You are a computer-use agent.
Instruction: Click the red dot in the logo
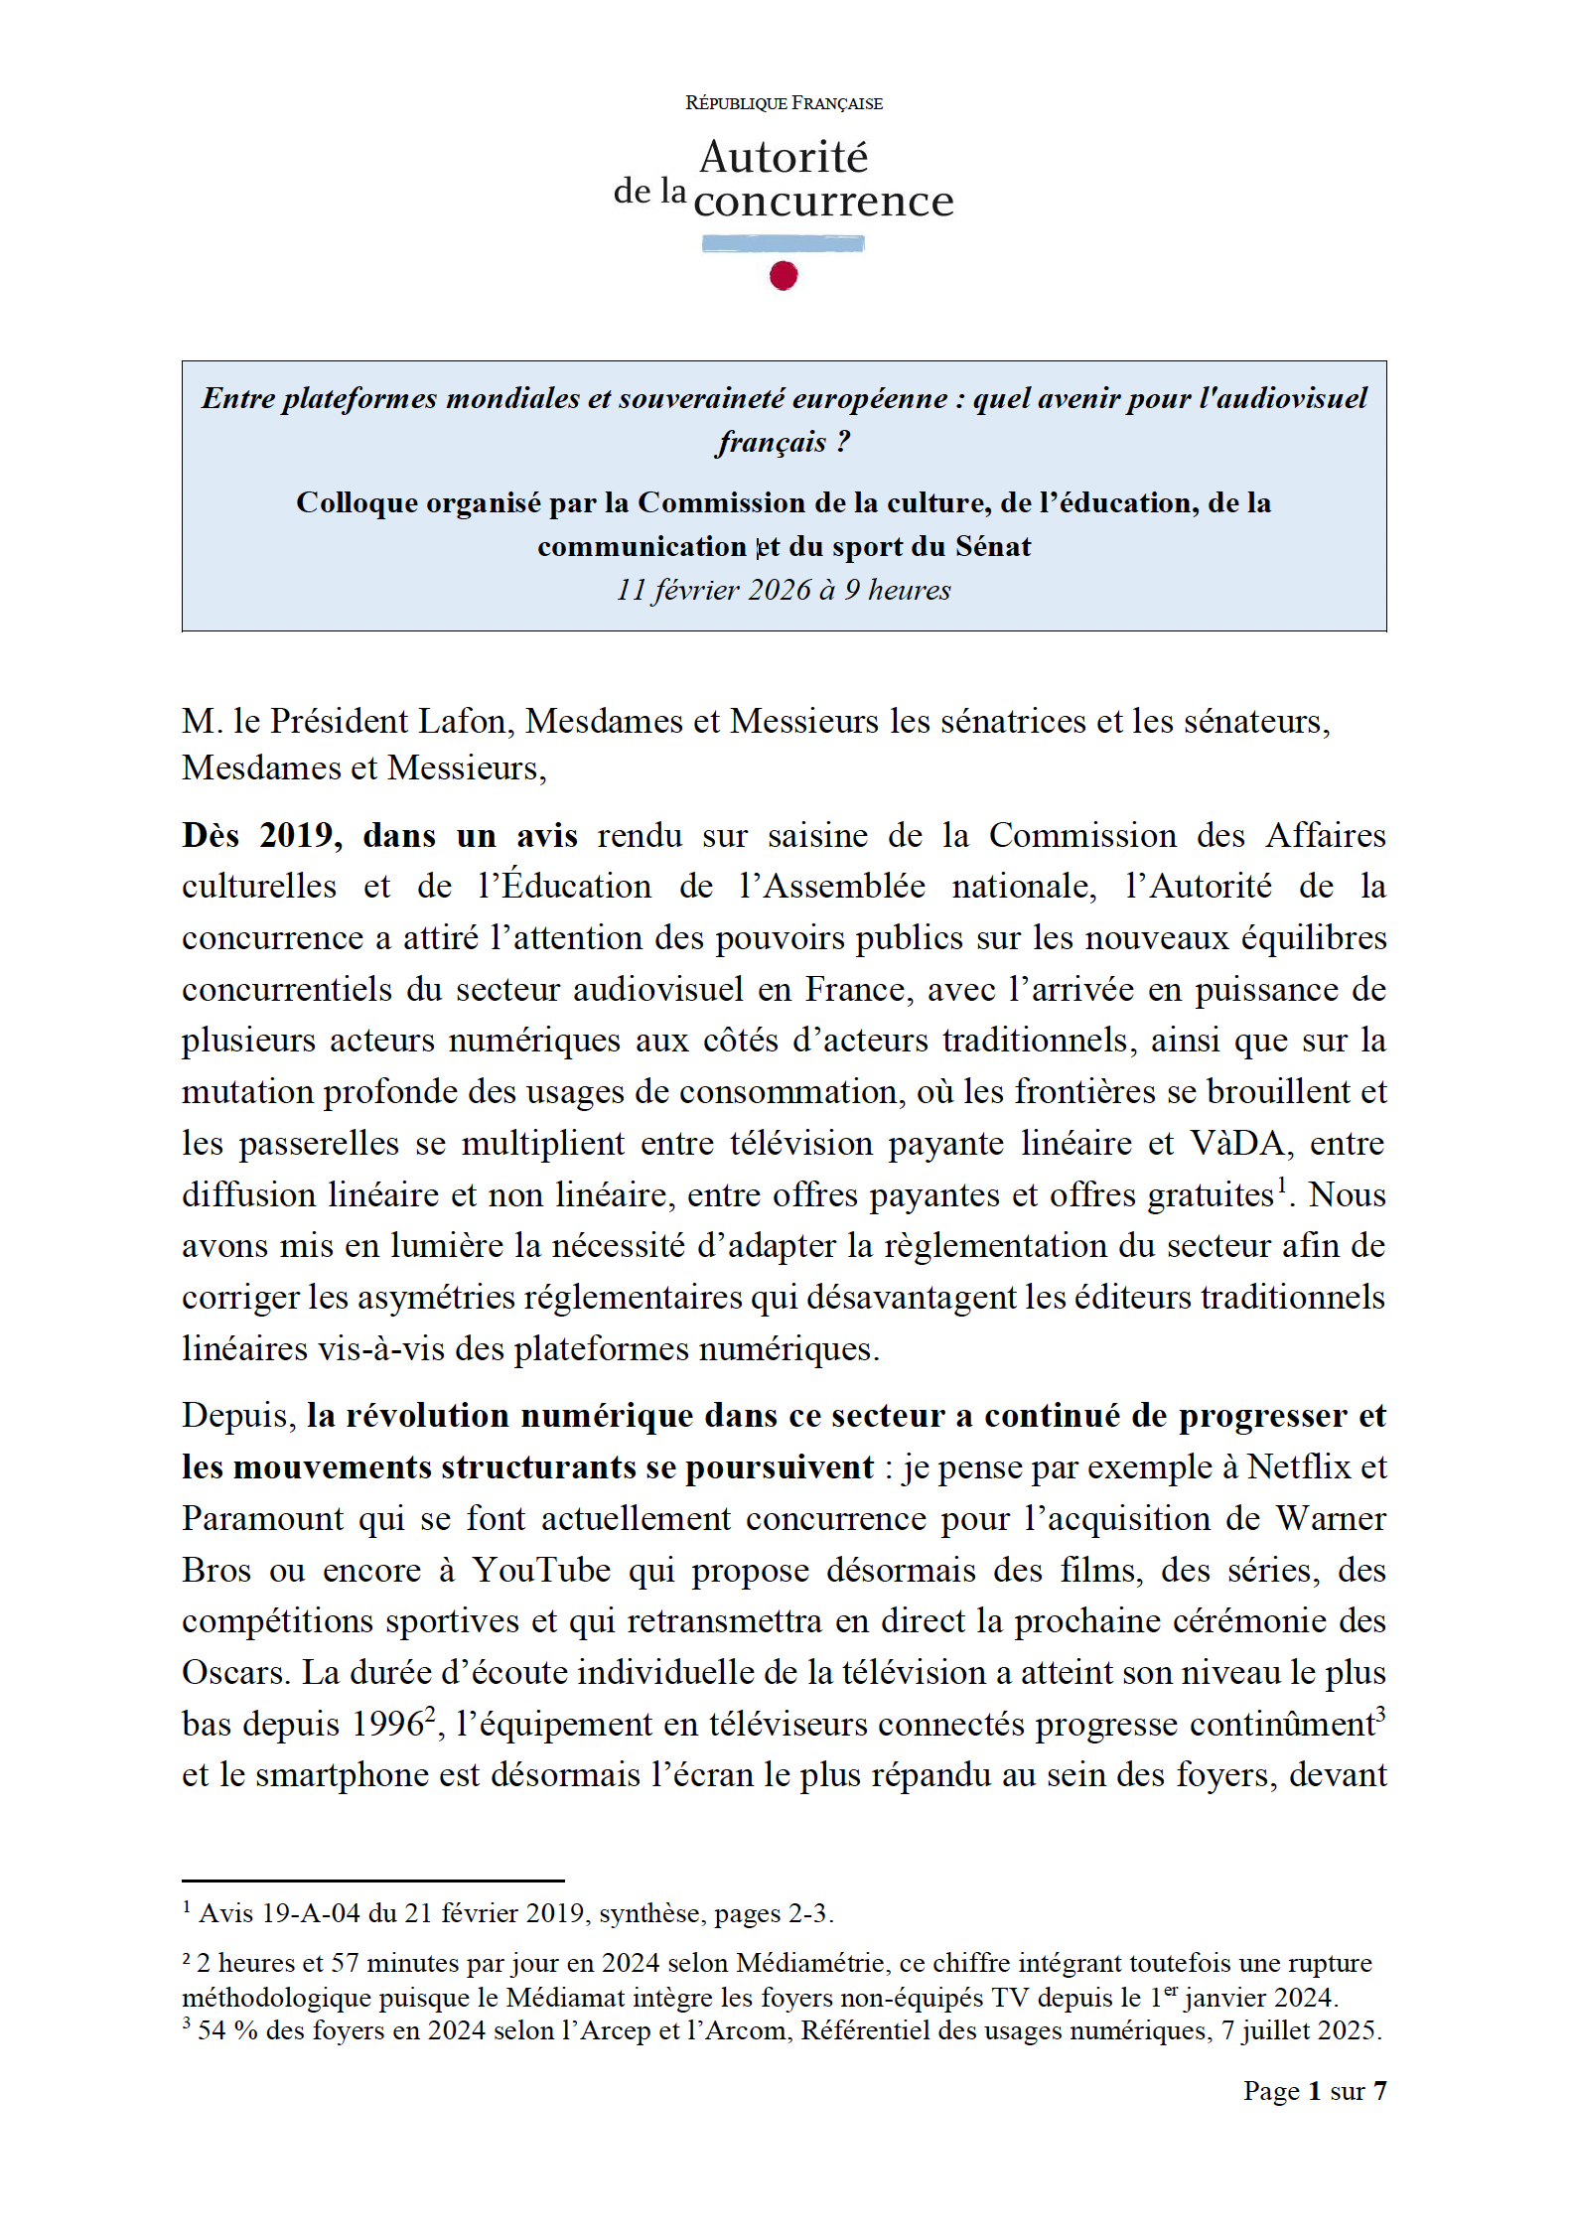[x=784, y=275]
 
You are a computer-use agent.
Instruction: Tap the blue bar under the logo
[x=783, y=243]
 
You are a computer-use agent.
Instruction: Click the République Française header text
[x=784, y=103]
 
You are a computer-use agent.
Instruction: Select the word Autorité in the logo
[x=784, y=157]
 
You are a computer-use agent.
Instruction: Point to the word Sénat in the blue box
[x=992, y=546]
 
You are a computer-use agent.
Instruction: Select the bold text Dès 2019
[x=261, y=835]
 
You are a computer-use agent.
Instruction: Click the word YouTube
[x=541, y=1570]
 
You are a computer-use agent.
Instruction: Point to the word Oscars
[x=234, y=1672]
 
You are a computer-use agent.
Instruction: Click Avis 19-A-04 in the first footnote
[x=279, y=1913]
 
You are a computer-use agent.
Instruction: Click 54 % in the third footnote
[x=227, y=2030]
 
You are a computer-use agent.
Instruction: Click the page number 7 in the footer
[x=1379, y=2091]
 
